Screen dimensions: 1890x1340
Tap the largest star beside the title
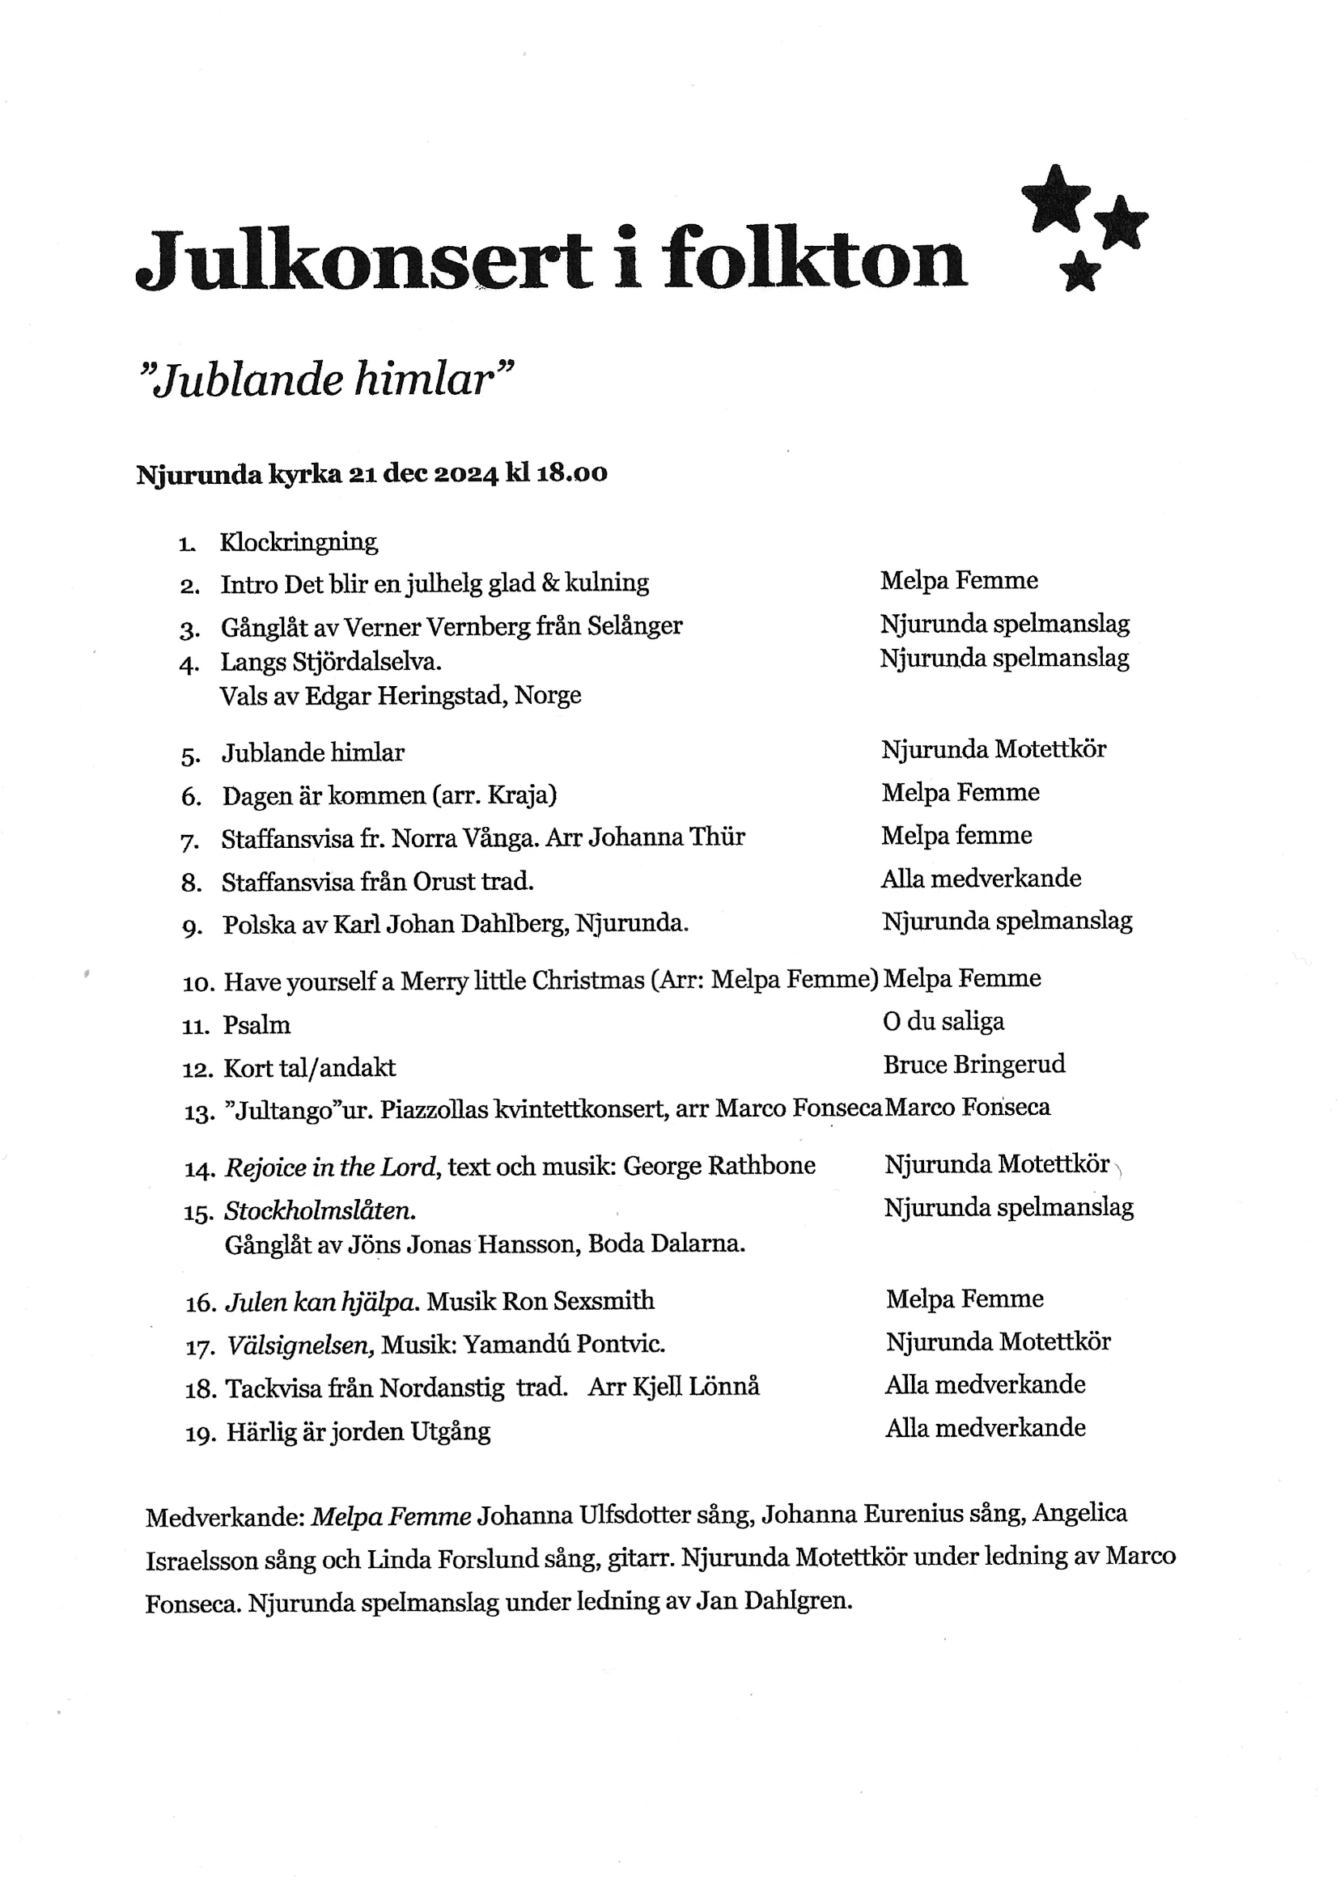pyautogui.click(x=1055, y=198)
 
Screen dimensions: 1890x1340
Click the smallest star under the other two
pyautogui.click(x=1080, y=271)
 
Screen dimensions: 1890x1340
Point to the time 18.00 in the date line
pyautogui.click(x=572, y=474)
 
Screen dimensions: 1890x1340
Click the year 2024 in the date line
pyautogui.click(x=465, y=474)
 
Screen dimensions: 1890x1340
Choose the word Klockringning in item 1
pyautogui.click(x=299, y=543)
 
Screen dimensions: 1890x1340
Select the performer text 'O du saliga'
pyautogui.click(x=944, y=1022)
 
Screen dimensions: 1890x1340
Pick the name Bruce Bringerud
pyautogui.click(x=973, y=1065)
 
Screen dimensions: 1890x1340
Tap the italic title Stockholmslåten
pyautogui.click(x=320, y=1210)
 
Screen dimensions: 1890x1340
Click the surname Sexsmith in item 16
pyautogui.click(x=603, y=1301)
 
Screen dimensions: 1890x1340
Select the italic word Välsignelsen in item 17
pyautogui.click(x=300, y=1345)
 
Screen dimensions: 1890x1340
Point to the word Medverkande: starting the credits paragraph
pyautogui.click(x=225, y=1515)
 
